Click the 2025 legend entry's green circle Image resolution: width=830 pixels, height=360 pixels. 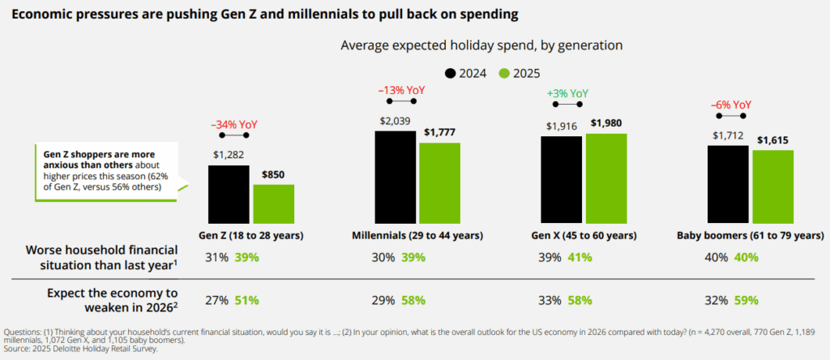pyautogui.click(x=503, y=73)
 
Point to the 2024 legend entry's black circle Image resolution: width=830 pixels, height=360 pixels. pyautogui.click(x=451, y=73)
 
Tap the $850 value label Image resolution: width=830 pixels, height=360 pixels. pyautogui.click(x=273, y=175)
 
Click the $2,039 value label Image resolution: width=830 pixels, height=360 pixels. pyautogui.click(x=396, y=120)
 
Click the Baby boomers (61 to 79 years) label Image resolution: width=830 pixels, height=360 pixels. pyautogui.click(x=750, y=236)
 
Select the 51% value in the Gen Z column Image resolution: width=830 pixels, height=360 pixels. pyautogui.click(x=246, y=299)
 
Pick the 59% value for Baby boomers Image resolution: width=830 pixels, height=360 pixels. pyautogui.click(x=747, y=299)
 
